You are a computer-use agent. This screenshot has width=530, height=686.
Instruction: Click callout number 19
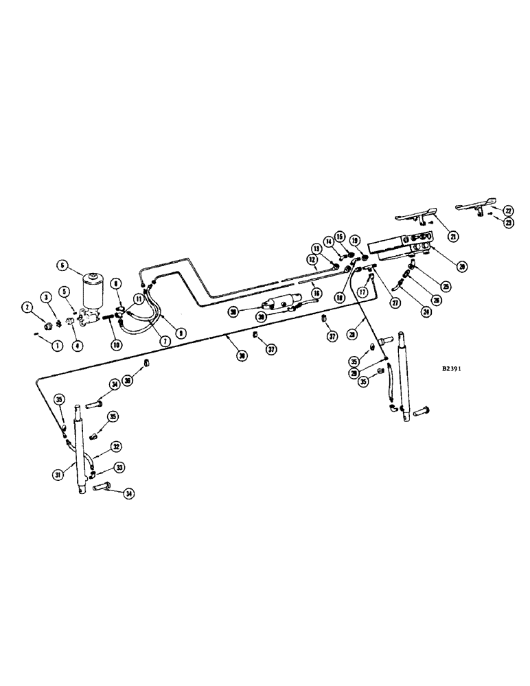pyautogui.click(x=354, y=241)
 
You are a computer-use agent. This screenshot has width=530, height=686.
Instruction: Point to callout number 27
pyautogui.click(x=396, y=302)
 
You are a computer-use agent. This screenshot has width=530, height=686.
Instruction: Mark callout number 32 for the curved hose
pyautogui.click(x=116, y=446)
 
